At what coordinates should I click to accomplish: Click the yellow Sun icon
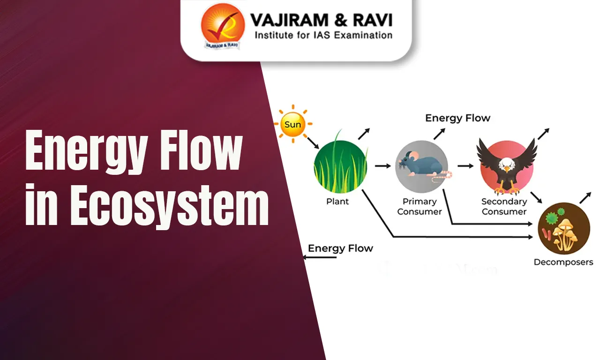[x=292, y=124]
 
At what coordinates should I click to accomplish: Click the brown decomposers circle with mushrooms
[x=563, y=228]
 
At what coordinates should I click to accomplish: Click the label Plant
[x=337, y=202]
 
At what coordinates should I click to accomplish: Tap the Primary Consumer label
[x=420, y=207]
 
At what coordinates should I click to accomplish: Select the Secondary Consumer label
[x=504, y=207]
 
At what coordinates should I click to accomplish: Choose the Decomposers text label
[x=563, y=262]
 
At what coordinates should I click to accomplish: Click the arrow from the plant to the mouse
[x=382, y=166]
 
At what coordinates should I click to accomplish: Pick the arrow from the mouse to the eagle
[x=465, y=166]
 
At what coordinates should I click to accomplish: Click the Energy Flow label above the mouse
[x=457, y=118]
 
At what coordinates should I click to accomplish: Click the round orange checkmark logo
[x=223, y=26]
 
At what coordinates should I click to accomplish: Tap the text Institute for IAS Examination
[x=323, y=35]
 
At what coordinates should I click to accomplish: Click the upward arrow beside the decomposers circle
[x=585, y=197]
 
